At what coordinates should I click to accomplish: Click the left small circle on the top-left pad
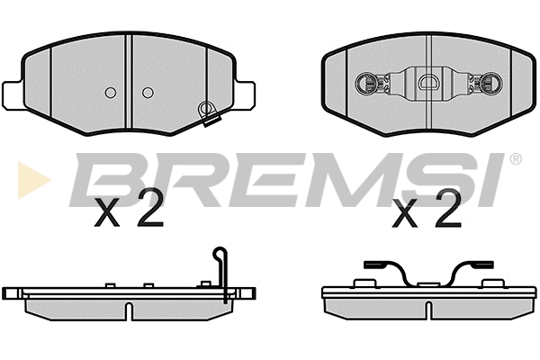click(111, 93)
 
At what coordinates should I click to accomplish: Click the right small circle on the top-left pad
click(148, 93)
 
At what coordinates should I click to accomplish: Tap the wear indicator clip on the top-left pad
click(209, 113)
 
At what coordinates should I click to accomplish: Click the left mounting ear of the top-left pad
click(13, 95)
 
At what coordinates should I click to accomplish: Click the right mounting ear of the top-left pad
click(245, 95)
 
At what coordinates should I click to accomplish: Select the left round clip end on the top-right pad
click(365, 83)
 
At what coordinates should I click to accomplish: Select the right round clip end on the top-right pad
click(491, 83)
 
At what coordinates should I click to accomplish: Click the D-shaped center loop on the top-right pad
click(428, 82)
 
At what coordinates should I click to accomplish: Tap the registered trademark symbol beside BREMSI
click(515, 159)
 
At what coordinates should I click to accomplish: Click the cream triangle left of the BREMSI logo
click(33, 180)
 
